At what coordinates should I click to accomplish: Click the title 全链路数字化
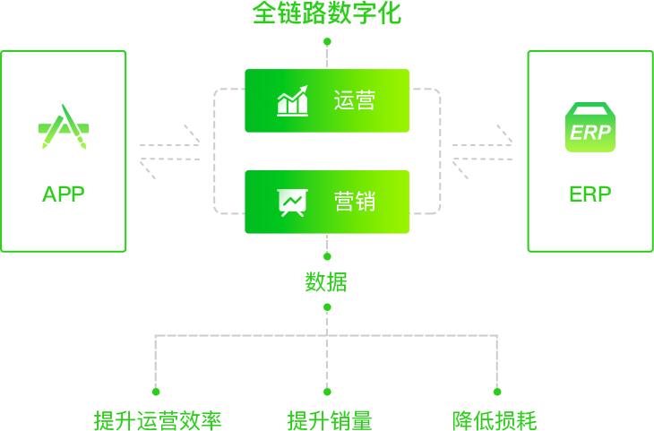tap(327, 13)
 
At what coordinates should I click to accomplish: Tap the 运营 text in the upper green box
tap(355, 100)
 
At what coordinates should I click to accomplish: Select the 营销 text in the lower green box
tap(355, 202)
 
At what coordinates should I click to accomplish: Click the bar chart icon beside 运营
tap(293, 100)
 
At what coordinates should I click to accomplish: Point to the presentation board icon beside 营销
tap(293, 203)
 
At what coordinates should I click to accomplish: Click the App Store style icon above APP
tap(64, 126)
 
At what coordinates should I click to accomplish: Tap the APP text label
tap(64, 194)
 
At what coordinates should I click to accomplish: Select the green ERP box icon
tap(590, 127)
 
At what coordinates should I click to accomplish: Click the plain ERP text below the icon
tap(590, 194)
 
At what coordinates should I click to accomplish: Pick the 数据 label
tap(326, 282)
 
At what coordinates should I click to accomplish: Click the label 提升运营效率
tap(158, 420)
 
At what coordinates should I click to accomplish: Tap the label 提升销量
tap(330, 420)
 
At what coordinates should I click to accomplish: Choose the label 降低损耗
tap(495, 420)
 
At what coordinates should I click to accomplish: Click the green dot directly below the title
tap(327, 42)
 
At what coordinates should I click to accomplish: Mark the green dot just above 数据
tap(327, 256)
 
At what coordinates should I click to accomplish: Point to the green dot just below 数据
tap(327, 307)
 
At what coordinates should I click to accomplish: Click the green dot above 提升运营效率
tap(156, 392)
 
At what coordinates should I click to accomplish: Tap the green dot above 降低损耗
tap(497, 392)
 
